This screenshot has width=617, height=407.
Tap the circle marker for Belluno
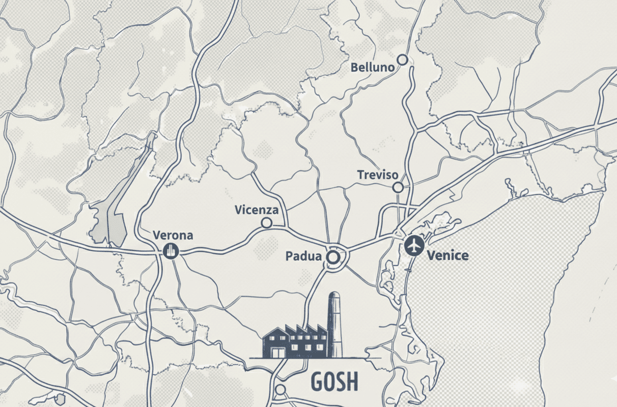coord(403,60)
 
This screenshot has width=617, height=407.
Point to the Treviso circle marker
coord(399,188)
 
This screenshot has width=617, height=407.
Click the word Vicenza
coord(257,210)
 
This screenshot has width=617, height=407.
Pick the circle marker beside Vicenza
coord(266,223)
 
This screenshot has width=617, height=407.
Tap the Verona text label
coord(173,236)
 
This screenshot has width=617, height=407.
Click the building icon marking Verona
coord(170,250)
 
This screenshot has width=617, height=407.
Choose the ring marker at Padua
coord(333,257)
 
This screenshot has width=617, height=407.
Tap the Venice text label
coord(448,255)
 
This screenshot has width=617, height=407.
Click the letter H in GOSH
coord(352,381)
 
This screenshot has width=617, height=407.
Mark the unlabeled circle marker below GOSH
coord(281,390)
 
